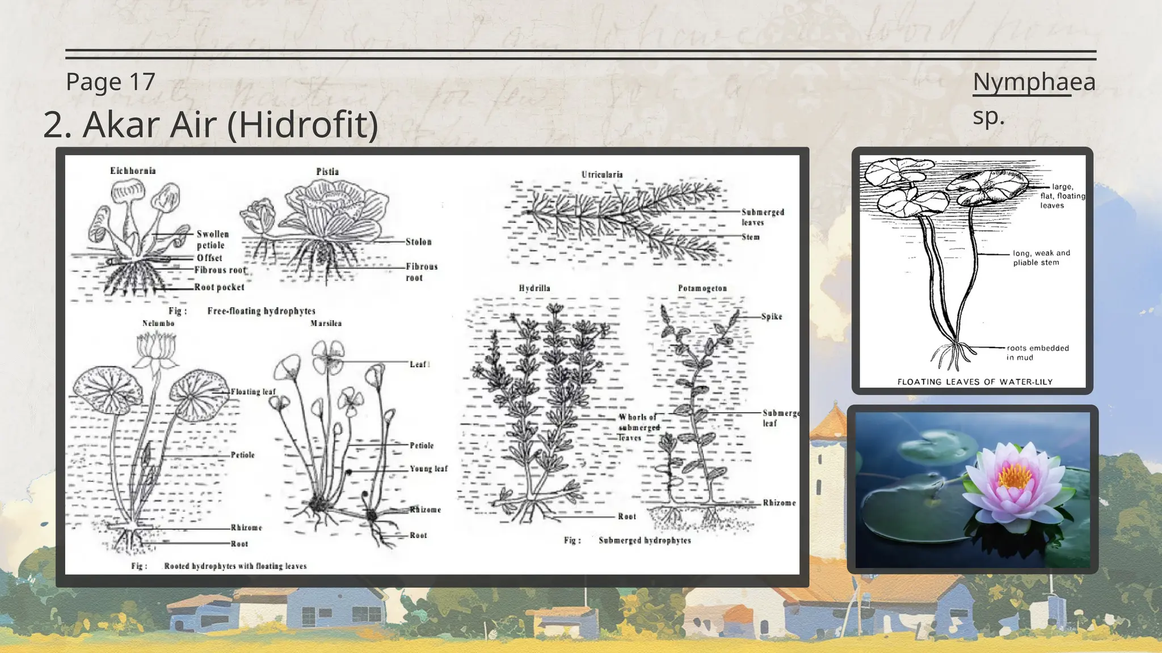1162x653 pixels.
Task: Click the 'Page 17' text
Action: point(111,82)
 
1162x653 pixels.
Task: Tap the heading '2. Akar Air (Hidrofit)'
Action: point(210,125)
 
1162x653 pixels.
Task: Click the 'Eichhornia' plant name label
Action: point(133,171)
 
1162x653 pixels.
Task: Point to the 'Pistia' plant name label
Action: point(327,172)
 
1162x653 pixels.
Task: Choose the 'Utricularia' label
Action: point(602,175)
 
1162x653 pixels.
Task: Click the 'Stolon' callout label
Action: point(419,242)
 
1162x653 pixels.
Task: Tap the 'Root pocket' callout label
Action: point(219,287)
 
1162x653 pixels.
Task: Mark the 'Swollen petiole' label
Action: point(212,239)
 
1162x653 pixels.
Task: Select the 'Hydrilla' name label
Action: point(534,288)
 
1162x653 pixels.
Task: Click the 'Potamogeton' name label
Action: point(702,288)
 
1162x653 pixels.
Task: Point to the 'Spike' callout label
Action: point(772,316)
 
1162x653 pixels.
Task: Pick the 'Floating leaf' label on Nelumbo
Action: point(253,392)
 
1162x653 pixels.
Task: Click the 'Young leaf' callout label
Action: point(428,469)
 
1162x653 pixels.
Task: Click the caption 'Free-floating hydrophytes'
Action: point(261,311)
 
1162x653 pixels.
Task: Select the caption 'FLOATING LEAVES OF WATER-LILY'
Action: point(975,382)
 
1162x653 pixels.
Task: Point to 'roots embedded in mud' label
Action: point(1038,353)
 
